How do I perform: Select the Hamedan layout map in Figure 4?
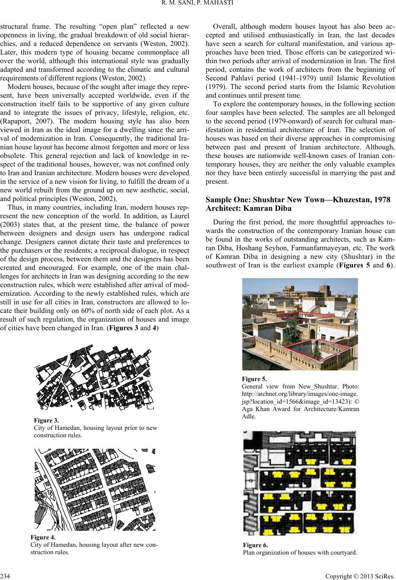coord(94,489)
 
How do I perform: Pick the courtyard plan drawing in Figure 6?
coord(300,483)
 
